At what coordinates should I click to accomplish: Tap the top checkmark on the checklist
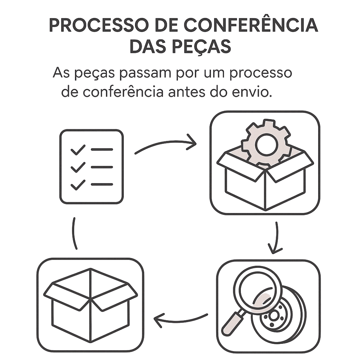point(78,149)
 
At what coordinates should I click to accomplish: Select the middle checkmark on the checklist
point(78,167)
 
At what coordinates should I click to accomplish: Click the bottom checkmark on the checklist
point(78,185)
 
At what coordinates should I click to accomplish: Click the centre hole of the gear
point(266,144)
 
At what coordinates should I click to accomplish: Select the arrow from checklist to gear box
point(166,145)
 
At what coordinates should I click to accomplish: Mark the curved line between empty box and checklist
point(74,233)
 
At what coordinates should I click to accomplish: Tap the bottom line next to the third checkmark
point(102,184)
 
